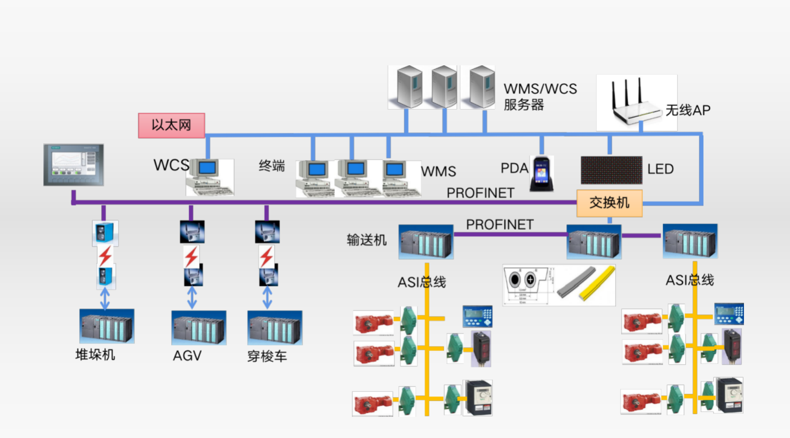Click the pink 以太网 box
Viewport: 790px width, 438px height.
pyautogui.click(x=171, y=125)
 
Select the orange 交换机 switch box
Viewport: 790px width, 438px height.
pyautogui.click(x=609, y=203)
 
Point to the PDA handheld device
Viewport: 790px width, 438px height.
pyautogui.click(x=541, y=173)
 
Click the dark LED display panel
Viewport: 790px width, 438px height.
pyautogui.click(x=611, y=170)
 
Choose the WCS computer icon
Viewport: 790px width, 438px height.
pyautogui.click(x=209, y=177)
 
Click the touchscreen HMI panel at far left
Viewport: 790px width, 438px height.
pyautogui.click(x=74, y=165)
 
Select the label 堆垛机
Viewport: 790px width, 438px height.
pyautogui.click(x=95, y=355)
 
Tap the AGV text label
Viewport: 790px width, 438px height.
pyautogui.click(x=187, y=356)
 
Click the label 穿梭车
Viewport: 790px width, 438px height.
pyautogui.click(x=267, y=356)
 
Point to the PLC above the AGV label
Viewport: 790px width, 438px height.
pyautogui.click(x=198, y=328)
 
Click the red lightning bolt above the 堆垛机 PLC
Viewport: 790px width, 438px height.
pyautogui.click(x=105, y=256)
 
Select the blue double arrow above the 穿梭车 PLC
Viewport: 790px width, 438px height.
pyautogui.click(x=267, y=298)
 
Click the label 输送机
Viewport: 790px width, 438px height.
pyautogui.click(x=366, y=240)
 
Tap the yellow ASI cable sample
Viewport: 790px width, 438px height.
pyautogui.click(x=598, y=283)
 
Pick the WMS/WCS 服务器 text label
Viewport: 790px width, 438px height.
pyautogui.click(x=540, y=97)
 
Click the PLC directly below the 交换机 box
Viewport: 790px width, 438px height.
pyautogui.click(x=594, y=242)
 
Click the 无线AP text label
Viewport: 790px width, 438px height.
pyautogui.click(x=688, y=110)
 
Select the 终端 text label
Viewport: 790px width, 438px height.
pyautogui.click(x=272, y=166)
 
